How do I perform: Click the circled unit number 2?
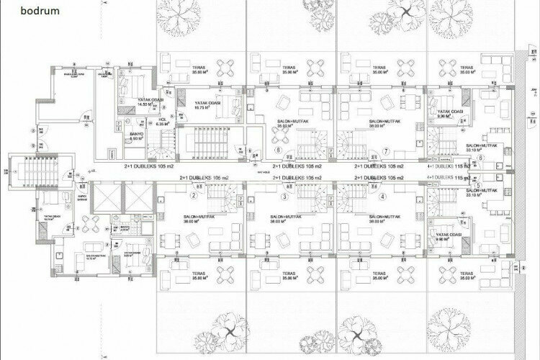tap(194, 195)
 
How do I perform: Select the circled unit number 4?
tap(382, 196)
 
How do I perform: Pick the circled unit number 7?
tap(386, 152)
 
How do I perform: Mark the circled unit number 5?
tap(477, 184)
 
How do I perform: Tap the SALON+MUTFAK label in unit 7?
tap(383, 123)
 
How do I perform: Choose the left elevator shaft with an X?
tap(106, 197)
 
